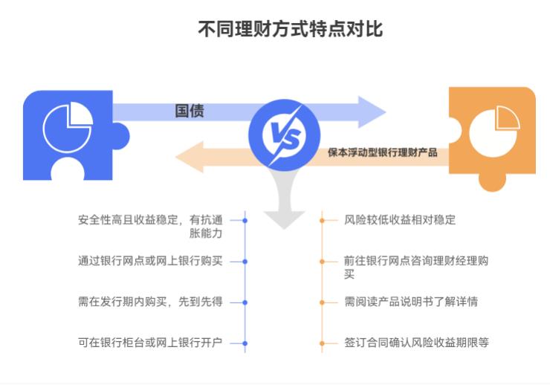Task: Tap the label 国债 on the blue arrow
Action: point(190,111)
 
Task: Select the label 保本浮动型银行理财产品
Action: point(383,153)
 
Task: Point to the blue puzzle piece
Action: point(67,134)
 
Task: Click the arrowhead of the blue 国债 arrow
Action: point(372,112)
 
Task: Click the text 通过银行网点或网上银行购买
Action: point(150,262)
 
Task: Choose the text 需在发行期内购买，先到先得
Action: point(150,302)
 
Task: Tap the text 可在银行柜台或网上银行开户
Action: point(150,343)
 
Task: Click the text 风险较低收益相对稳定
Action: point(400,220)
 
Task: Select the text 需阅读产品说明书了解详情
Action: point(410,302)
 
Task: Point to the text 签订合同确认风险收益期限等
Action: point(416,343)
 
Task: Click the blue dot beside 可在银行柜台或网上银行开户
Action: point(245,343)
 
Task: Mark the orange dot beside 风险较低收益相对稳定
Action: point(322,220)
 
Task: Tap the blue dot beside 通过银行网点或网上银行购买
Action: point(245,262)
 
